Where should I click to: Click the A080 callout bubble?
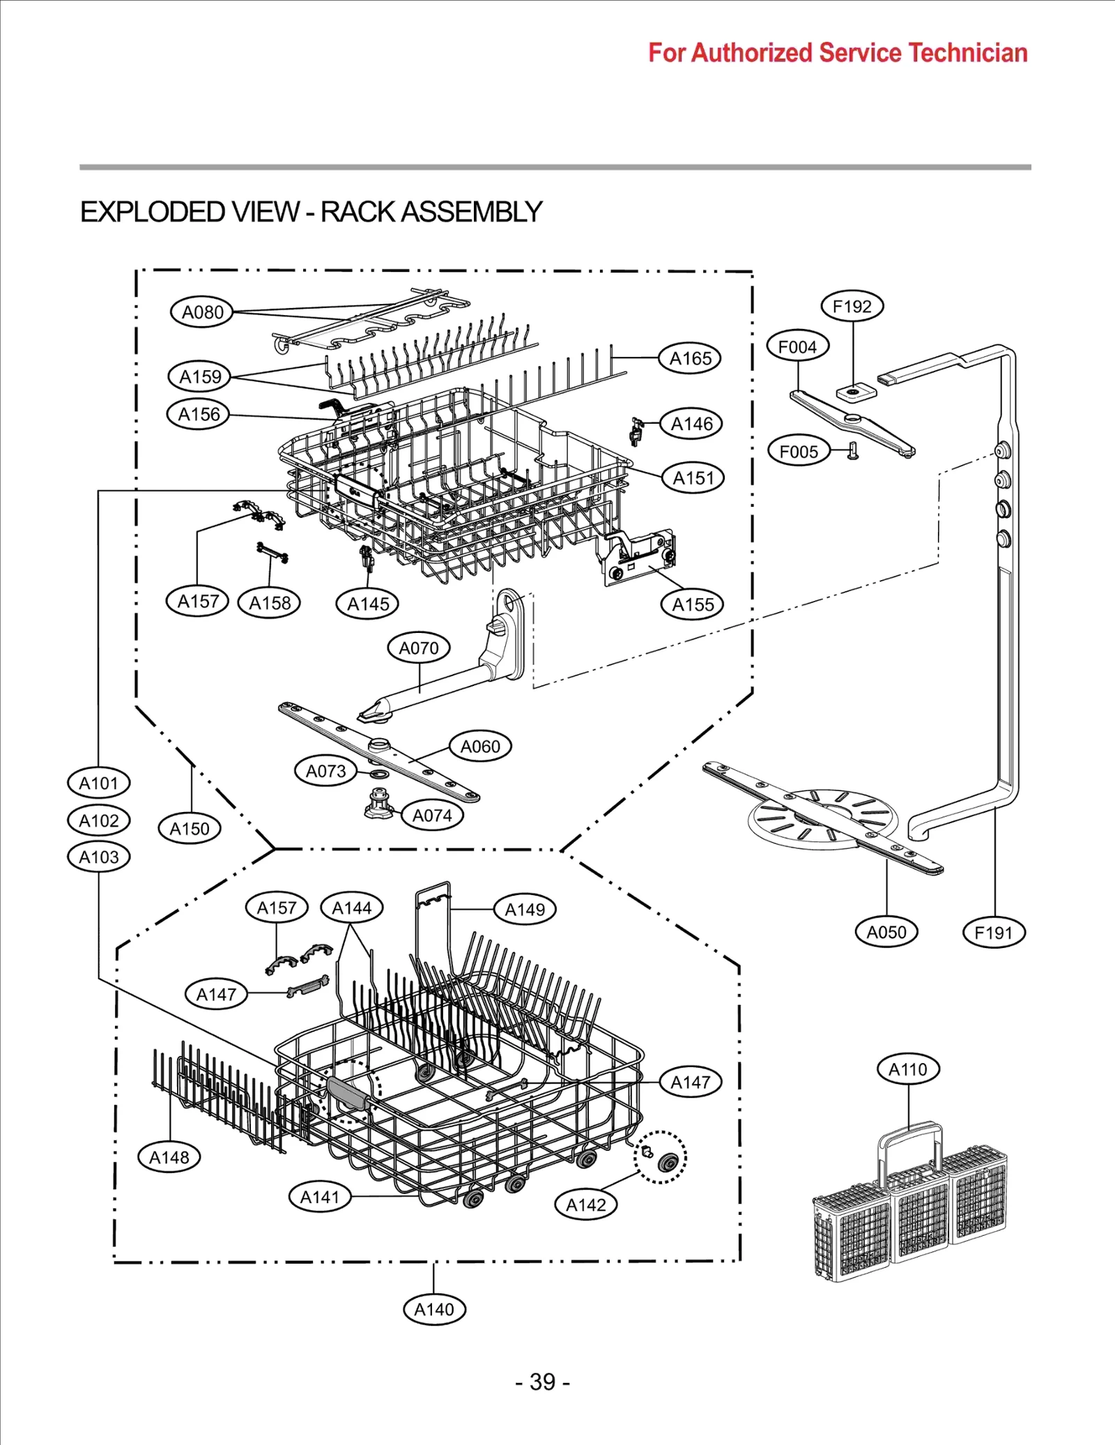click(x=202, y=312)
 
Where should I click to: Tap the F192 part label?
click(x=852, y=306)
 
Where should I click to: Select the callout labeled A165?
click(x=690, y=358)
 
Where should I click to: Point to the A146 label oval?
click(x=691, y=424)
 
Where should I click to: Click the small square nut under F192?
click(x=855, y=392)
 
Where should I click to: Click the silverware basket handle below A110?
click(x=909, y=1143)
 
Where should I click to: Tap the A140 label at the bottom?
click(x=434, y=1309)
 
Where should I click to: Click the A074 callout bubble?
click(x=432, y=815)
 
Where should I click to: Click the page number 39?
click(x=543, y=1381)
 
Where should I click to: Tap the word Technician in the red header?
click(x=968, y=53)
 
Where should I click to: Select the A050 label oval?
click(x=886, y=932)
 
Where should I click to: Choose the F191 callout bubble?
click(x=993, y=933)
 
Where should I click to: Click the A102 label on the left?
click(x=98, y=820)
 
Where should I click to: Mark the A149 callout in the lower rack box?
click(x=525, y=910)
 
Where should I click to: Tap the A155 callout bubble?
click(x=693, y=604)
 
